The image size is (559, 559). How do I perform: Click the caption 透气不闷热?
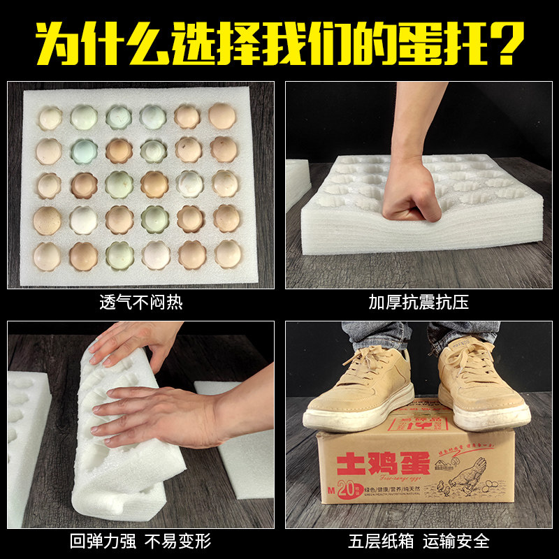click(140, 303)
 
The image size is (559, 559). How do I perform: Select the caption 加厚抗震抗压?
click(419, 303)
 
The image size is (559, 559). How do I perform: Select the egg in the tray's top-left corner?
click(50, 117)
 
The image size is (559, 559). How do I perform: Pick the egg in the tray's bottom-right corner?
click(228, 254)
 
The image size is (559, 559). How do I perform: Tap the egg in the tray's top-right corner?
click(222, 116)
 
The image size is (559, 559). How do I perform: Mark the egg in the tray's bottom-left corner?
click(47, 256)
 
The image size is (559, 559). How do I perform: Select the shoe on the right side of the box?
click(481, 384)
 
